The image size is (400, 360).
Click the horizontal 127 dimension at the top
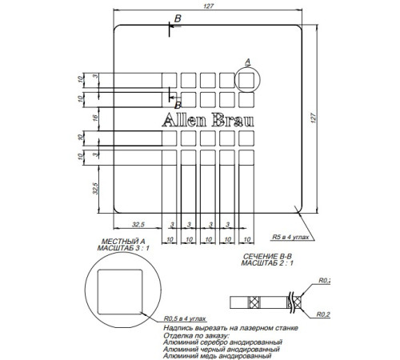coord(209,6)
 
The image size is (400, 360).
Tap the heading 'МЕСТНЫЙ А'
coord(122,241)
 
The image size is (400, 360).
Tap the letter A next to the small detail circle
coord(247,62)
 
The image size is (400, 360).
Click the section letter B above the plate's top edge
coord(178,18)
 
